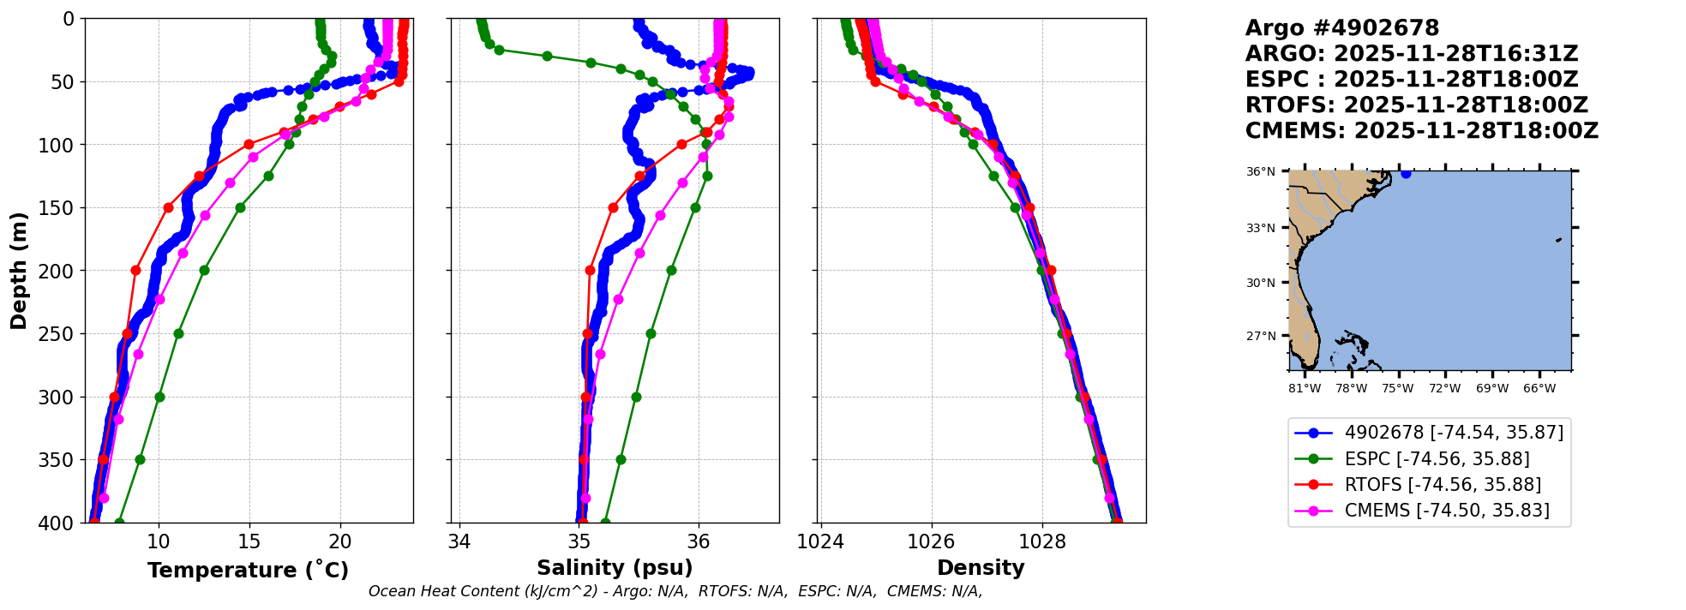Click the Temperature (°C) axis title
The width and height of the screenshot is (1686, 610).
click(x=248, y=571)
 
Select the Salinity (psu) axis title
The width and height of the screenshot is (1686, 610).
click(x=615, y=568)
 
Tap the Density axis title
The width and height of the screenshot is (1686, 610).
click(x=981, y=568)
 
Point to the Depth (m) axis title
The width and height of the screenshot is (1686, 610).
click(x=19, y=270)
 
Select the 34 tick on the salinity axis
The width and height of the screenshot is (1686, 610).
click(x=459, y=541)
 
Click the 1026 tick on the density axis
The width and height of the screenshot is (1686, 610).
click(x=931, y=541)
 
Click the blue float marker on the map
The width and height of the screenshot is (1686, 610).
click(x=1406, y=173)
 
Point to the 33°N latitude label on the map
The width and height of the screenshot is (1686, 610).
click(x=1260, y=228)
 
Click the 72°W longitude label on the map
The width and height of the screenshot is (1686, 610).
click(x=1444, y=388)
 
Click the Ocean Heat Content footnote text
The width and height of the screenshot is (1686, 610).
click(x=675, y=591)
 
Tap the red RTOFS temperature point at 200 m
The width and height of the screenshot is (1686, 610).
click(x=135, y=270)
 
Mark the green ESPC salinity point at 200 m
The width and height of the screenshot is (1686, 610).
click(x=671, y=270)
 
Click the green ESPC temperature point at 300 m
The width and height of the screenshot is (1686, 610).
click(x=159, y=397)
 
